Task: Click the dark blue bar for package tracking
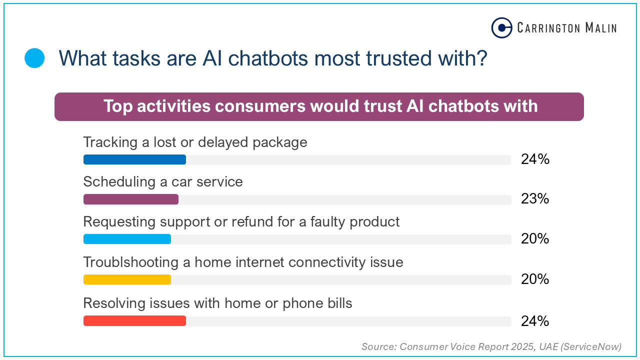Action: (x=134, y=159)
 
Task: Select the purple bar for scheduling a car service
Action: (x=131, y=199)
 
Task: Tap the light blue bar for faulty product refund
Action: (x=127, y=239)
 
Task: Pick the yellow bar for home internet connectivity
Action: (x=127, y=279)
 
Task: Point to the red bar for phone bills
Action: (x=134, y=321)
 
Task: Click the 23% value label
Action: (x=535, y=199)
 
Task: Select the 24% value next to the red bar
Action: (x=535, y=321)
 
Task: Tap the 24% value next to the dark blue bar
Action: (x=535, y=159)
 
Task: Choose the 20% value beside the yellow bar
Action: (x=535, y=279)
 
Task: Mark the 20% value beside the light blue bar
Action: (x=535, y=239)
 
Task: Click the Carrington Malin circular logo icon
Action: (x=502, y=28)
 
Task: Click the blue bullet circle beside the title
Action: (x=34, y=58)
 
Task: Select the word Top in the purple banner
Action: (x=118, y=106)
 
